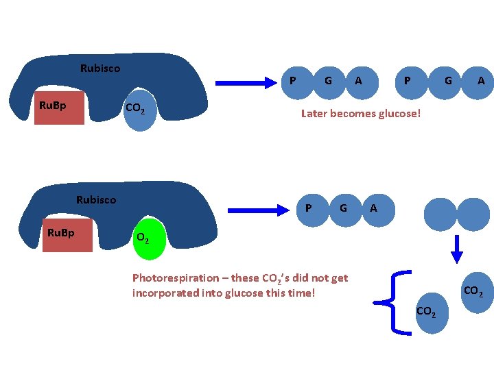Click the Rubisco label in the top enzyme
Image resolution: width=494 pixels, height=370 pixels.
[x=100, y=69]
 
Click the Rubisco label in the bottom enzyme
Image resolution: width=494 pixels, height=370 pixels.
[x=96, y=200]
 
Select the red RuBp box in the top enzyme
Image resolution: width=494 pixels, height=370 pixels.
[x=59, y=108]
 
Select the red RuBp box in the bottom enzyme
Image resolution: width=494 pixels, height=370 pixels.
[x=67, y=235]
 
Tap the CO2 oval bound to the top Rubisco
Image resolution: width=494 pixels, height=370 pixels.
[x=140, y=110]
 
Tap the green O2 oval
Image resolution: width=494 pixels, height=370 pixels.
[x=150, y=239]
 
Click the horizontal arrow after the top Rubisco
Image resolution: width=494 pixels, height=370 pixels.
[x=246, y=83]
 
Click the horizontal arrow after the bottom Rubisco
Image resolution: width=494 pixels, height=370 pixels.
[x=259, y=210]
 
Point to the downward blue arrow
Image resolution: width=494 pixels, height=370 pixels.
[x=457, y=249]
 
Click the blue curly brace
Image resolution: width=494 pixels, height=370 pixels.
[x=393, y=303]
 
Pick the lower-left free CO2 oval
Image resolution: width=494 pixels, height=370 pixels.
[x=432, y=313]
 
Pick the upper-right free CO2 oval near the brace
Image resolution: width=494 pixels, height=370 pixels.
[x=478, y=293]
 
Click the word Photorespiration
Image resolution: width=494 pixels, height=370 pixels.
[x=176, y=278]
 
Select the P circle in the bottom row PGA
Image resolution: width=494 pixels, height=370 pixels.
[x=312, y=210]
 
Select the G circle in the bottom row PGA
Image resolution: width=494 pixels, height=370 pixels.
[x=345, y=210]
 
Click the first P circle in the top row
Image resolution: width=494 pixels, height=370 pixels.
[x=297, y=83]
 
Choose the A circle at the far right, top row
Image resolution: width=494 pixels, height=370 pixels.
[x=478, y=83]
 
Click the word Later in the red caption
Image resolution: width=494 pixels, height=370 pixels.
[x=314, y=114]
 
